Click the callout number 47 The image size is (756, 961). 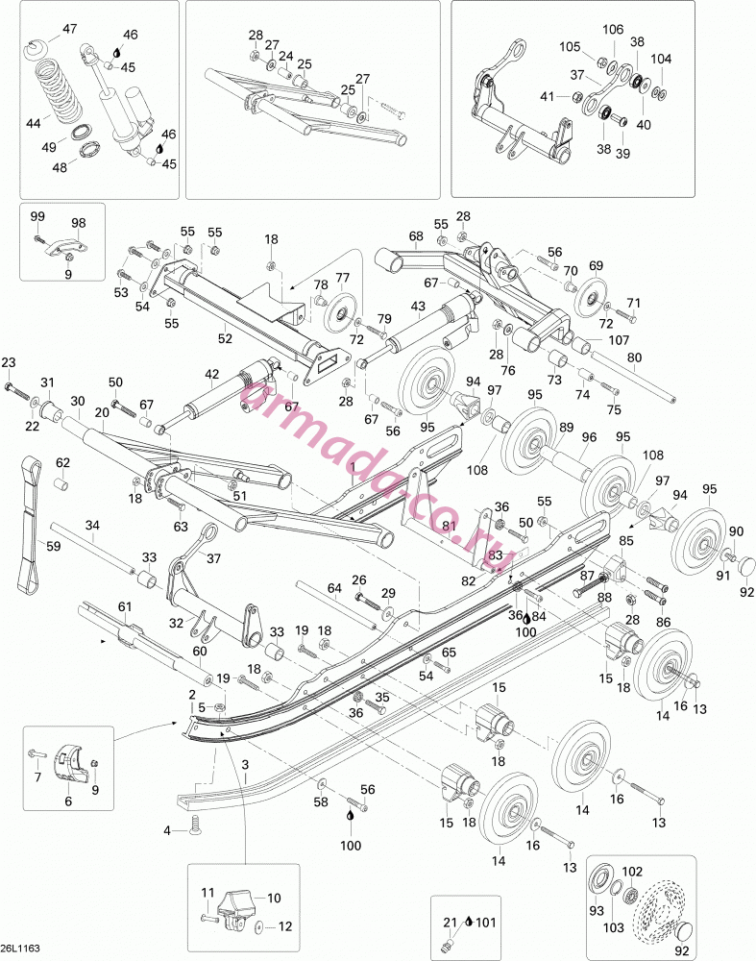point(70,29)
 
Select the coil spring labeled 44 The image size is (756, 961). point(61,89)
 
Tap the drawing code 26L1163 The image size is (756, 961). point(21,949)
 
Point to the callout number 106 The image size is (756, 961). point(613,29)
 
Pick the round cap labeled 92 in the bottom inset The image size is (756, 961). point(684,931)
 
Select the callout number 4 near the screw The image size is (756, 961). point(166,830)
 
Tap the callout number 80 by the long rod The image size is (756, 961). point(634,357)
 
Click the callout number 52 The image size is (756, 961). point(225,337)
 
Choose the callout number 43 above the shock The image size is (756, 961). point(418,306)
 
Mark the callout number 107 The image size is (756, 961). point(619,339)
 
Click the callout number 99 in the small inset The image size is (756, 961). point(37,216)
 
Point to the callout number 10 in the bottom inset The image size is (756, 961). point(274,898)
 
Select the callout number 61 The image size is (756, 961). point(124,606)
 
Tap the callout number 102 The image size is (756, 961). point(632,872)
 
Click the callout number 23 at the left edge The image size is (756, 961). point(8,363)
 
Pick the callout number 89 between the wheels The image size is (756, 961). point(566,428)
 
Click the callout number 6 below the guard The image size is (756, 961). point(68,801)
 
